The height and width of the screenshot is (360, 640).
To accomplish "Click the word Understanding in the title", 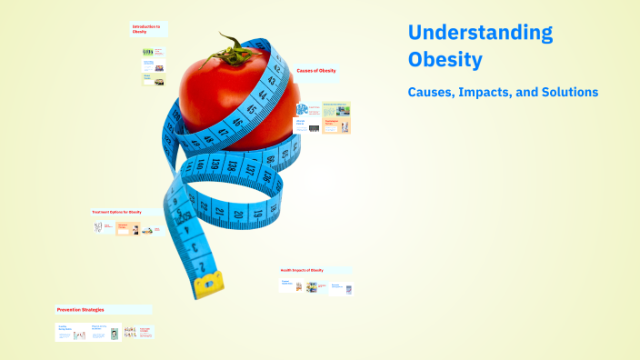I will coord(480,34).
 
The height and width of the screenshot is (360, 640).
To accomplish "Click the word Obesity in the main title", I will coord(445,62).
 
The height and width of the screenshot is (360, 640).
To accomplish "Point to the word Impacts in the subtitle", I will coord(496,92).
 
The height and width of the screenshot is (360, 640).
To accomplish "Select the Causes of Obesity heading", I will coord(315,70).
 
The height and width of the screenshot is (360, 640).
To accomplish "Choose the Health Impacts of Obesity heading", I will coord(303,270).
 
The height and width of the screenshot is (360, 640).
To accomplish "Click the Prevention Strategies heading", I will coord(80,309).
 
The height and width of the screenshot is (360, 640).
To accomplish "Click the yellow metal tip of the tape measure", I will coord(207,284).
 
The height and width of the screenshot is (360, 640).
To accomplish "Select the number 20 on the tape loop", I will coord(237,214).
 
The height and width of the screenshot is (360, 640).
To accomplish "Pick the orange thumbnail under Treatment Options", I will coord(125,228).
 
